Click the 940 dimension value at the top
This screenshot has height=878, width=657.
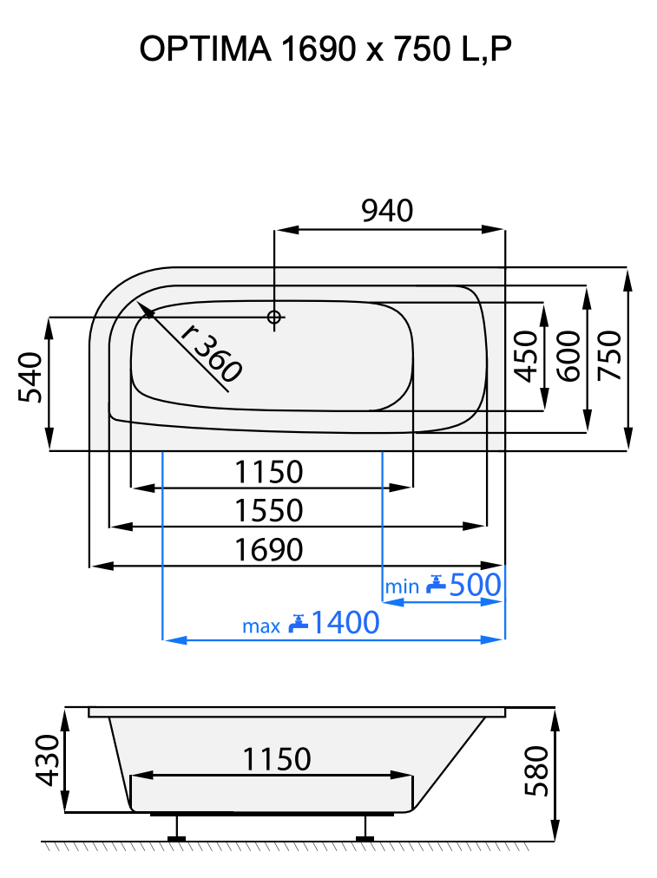click(x=387, y=211)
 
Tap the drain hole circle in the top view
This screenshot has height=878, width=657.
click(x=274, y=318)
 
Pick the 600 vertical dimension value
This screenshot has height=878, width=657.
click(x=568, y=356)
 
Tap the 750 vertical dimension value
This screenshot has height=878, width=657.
click(x=610, y=356)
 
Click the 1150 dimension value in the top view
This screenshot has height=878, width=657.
click(x=269, y=473)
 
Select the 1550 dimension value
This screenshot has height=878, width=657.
click(x=269, y=511)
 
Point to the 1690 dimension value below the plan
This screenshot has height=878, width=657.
click(x=269, y=550)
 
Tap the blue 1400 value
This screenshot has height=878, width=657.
click(x=345, y=623)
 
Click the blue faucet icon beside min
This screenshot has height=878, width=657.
click(x=436, y=586)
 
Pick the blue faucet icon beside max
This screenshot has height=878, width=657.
click(x=299, y=623)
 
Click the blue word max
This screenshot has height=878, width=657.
click(x=260, y=626)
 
